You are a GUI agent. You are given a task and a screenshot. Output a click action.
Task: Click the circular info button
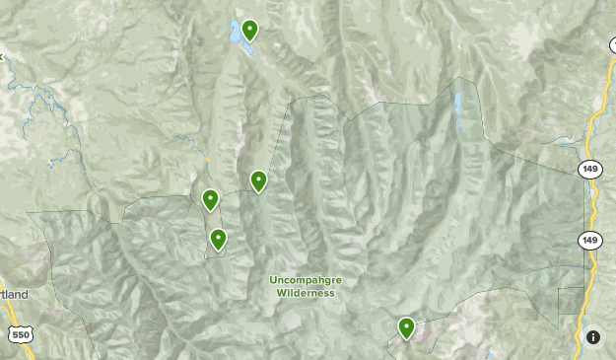pyautogui.click(x=593, y=336)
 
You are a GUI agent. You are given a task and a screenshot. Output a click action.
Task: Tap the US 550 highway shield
pyautogui.click(x=19, y=335)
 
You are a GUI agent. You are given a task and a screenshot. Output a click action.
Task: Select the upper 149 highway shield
pyautogui.click(x=589, y=170)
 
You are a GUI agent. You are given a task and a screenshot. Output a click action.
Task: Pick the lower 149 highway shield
pyautogui.click(x=589, y=240)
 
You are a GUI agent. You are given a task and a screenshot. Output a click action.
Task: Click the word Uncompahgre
pyautogui.click(x=306, y=280)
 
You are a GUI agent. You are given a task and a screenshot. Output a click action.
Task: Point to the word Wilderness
pyautogui.click(x=306, y=293)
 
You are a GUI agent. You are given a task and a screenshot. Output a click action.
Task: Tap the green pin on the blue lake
pyautogui.click(x=249, y=30)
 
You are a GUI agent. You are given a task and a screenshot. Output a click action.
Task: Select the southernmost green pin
pyautogui.click(x=406, y=327)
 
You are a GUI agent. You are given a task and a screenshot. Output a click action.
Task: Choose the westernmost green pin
pyautogui.click(x=210, y=199)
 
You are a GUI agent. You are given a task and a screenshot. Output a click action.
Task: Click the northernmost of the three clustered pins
pyautogui.click(x=258, y=180)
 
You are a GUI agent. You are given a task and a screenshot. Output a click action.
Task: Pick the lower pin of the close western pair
pyautogui.click(x=218, y=239)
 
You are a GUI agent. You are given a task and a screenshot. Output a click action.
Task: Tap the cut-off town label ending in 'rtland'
pyautogui.click(x=14, y=295)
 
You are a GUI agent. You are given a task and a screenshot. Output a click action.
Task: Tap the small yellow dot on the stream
pyautogui.click(x=207, y=160)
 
